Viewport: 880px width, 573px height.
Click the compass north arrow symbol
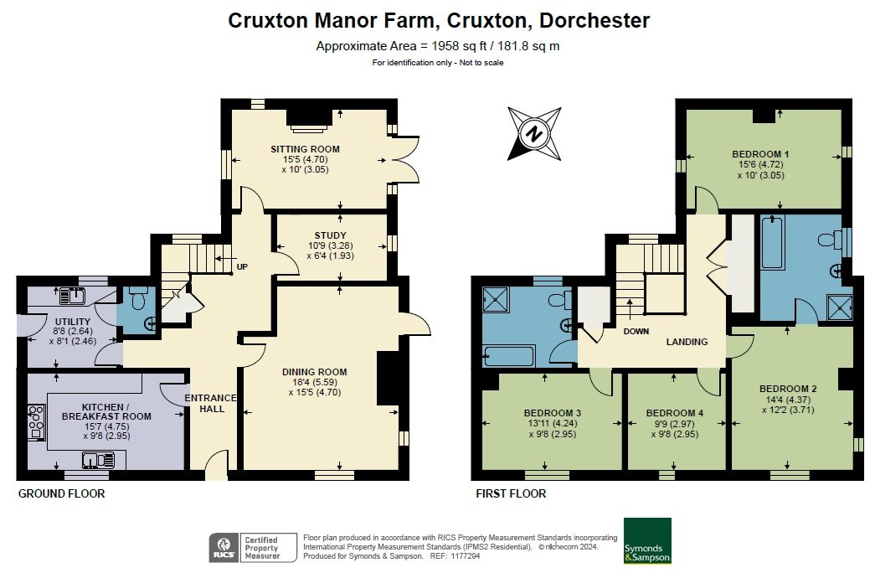pyautogui.click(x=534, y=134)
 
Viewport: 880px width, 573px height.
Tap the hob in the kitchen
pyautogui.click(x=37, y=422)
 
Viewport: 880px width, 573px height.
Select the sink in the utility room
pyautogui.click(x=72, y=296)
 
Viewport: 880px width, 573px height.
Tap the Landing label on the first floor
pyautogui.click(x=687, y=342)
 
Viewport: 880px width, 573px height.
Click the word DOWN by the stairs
pyautogui.click(x=636, y=332)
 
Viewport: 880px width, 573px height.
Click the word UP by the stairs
pyautogui.click(x=242, y=267)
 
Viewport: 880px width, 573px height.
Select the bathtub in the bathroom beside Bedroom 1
pyautogui.click(x=772, y=243)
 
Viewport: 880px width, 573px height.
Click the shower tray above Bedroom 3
pyautogui.click(x=496, y=299)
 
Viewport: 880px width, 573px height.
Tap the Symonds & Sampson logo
pyautogui.click(x=648, y=540)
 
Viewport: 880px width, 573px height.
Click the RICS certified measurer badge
pyautogui.click(x=253, y=548)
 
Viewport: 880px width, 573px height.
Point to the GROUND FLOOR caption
pyautogui.click(x=62, y=493)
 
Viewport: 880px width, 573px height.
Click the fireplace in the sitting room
pyautogui.click(x=308, y=121)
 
